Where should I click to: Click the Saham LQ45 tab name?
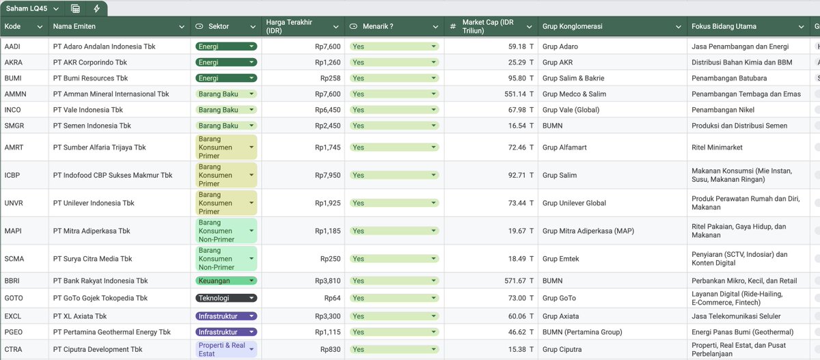pos(27,8)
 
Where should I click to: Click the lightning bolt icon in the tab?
pos(96,8)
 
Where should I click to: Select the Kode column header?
pos(12,27)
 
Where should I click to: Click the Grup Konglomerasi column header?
pos(572,27)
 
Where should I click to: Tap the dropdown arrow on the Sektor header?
pos(253,27)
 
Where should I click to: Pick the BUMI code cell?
pos(13,79)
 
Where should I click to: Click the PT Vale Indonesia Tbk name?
pos(88,110)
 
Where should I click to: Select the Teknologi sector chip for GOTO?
pos(226,298)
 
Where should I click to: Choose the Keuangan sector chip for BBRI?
pos(226,281)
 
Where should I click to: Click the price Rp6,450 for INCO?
pos(327,110)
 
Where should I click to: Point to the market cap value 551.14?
pos(515,94)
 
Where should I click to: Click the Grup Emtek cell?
pos(560,259)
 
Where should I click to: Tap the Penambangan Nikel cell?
pos(723,110)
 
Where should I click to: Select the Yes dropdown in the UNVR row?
pos(394,203)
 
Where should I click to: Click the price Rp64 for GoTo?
pos(332,298)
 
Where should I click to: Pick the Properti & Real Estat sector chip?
pos(226,349)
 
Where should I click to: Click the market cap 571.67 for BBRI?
pos(515,281)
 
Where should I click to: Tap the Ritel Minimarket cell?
pos(717,148)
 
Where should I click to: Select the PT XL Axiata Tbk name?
pos(80,316)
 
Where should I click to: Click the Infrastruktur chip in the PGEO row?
pos(226,332)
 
